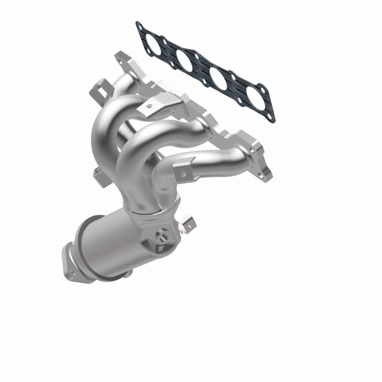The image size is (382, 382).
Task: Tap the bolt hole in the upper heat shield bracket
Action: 150,102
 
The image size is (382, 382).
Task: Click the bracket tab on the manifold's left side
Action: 98,175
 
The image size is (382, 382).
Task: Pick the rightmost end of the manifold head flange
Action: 265,170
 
